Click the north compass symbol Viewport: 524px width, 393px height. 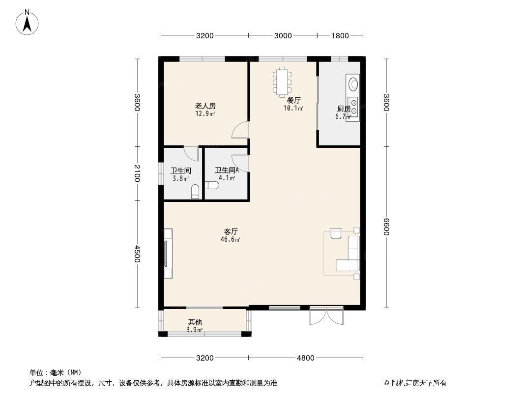28,22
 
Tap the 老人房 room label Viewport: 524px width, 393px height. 205,106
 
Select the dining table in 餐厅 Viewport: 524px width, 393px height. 282,81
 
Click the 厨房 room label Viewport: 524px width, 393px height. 344,109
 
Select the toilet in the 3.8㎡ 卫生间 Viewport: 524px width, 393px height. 195,192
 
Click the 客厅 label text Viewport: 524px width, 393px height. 231,231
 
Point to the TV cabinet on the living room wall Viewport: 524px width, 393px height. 168,253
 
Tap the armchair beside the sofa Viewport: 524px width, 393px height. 337,233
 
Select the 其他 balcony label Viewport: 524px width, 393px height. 195,322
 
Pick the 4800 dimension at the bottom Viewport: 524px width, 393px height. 305,358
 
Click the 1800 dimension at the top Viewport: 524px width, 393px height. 340,35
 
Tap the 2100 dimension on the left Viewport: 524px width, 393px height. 137,173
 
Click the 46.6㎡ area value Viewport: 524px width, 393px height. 230,240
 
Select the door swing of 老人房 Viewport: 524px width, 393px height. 241,130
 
